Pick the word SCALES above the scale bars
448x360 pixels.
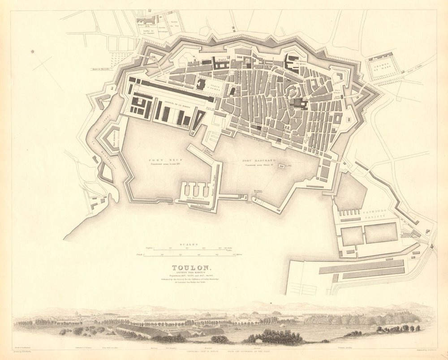coord(187,244)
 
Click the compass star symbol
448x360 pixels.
coord(33,51)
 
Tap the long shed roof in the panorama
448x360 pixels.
coord(141,330)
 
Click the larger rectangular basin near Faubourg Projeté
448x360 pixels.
coord(381,233)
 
